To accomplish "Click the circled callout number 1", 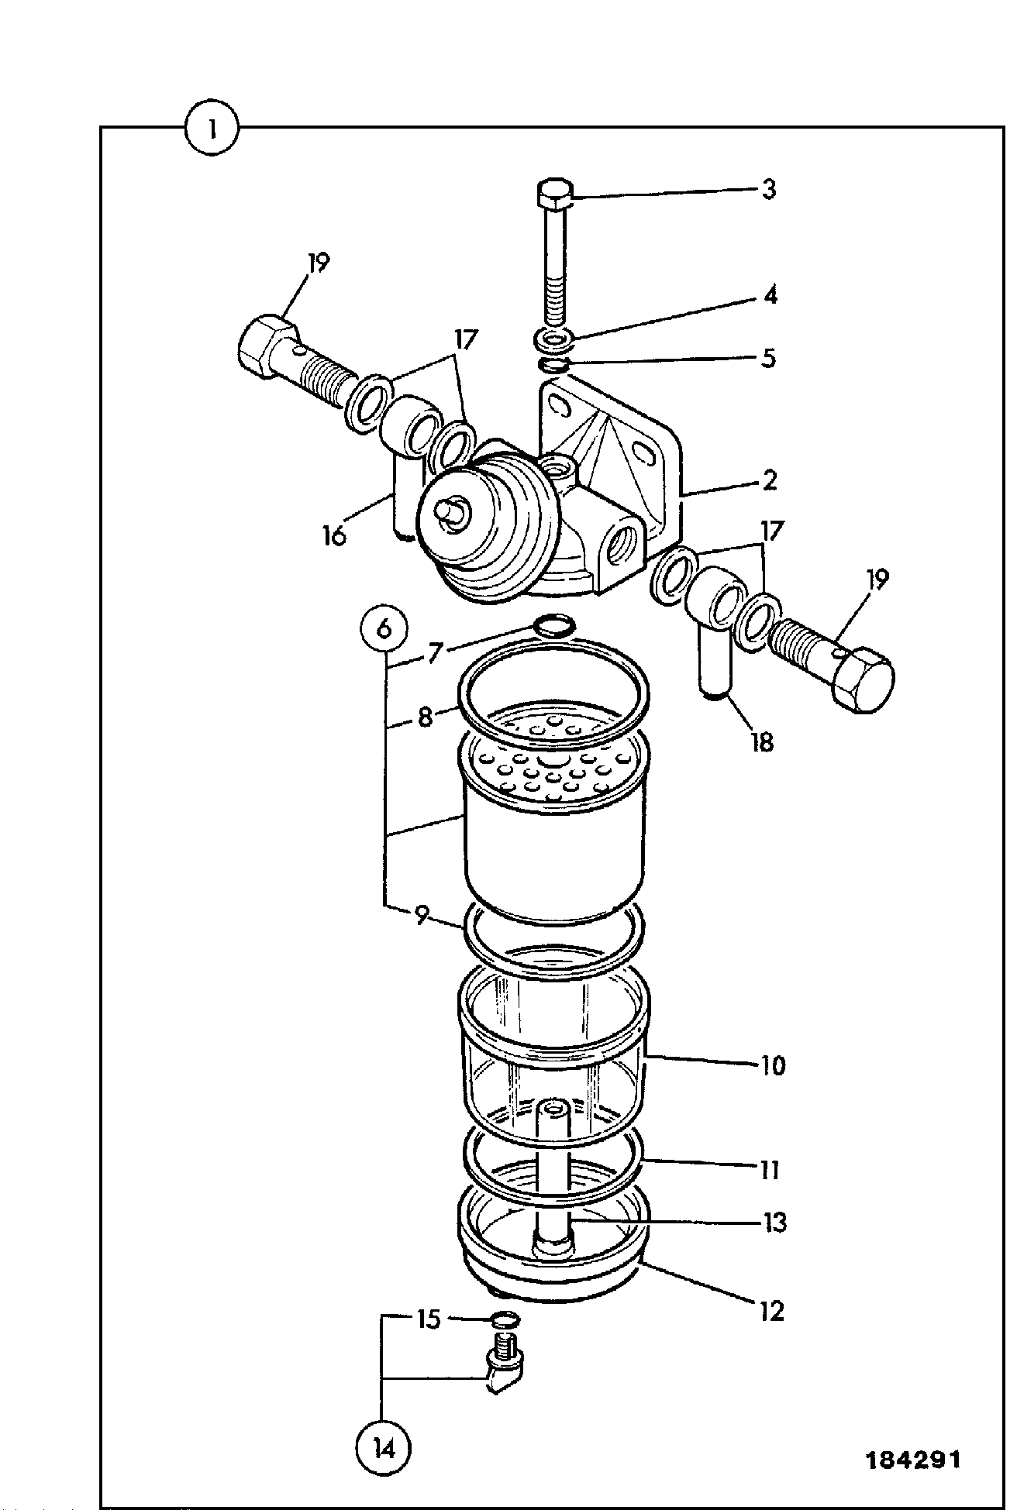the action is point(212,129).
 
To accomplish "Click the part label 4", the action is point(769,295).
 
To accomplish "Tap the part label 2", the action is point(769,480).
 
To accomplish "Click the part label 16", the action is point(335,535).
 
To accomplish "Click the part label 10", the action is point(772,1065).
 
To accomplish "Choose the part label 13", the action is point(772,1222).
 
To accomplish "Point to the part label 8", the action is point(425,717).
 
